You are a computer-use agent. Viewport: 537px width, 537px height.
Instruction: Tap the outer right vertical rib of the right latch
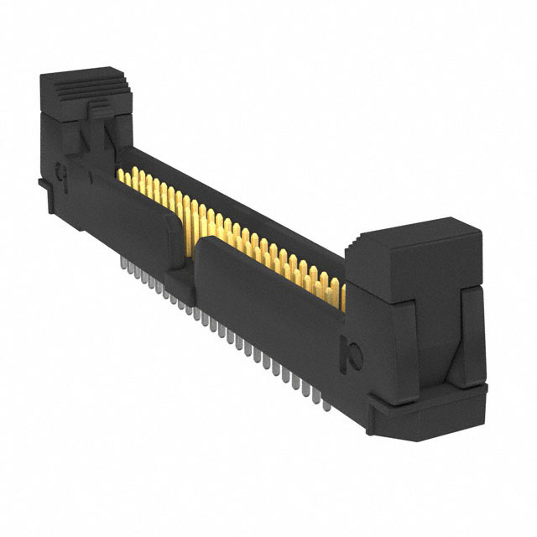(x=474, y=336)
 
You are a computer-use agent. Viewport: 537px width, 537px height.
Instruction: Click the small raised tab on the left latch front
(x=99, y=108)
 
